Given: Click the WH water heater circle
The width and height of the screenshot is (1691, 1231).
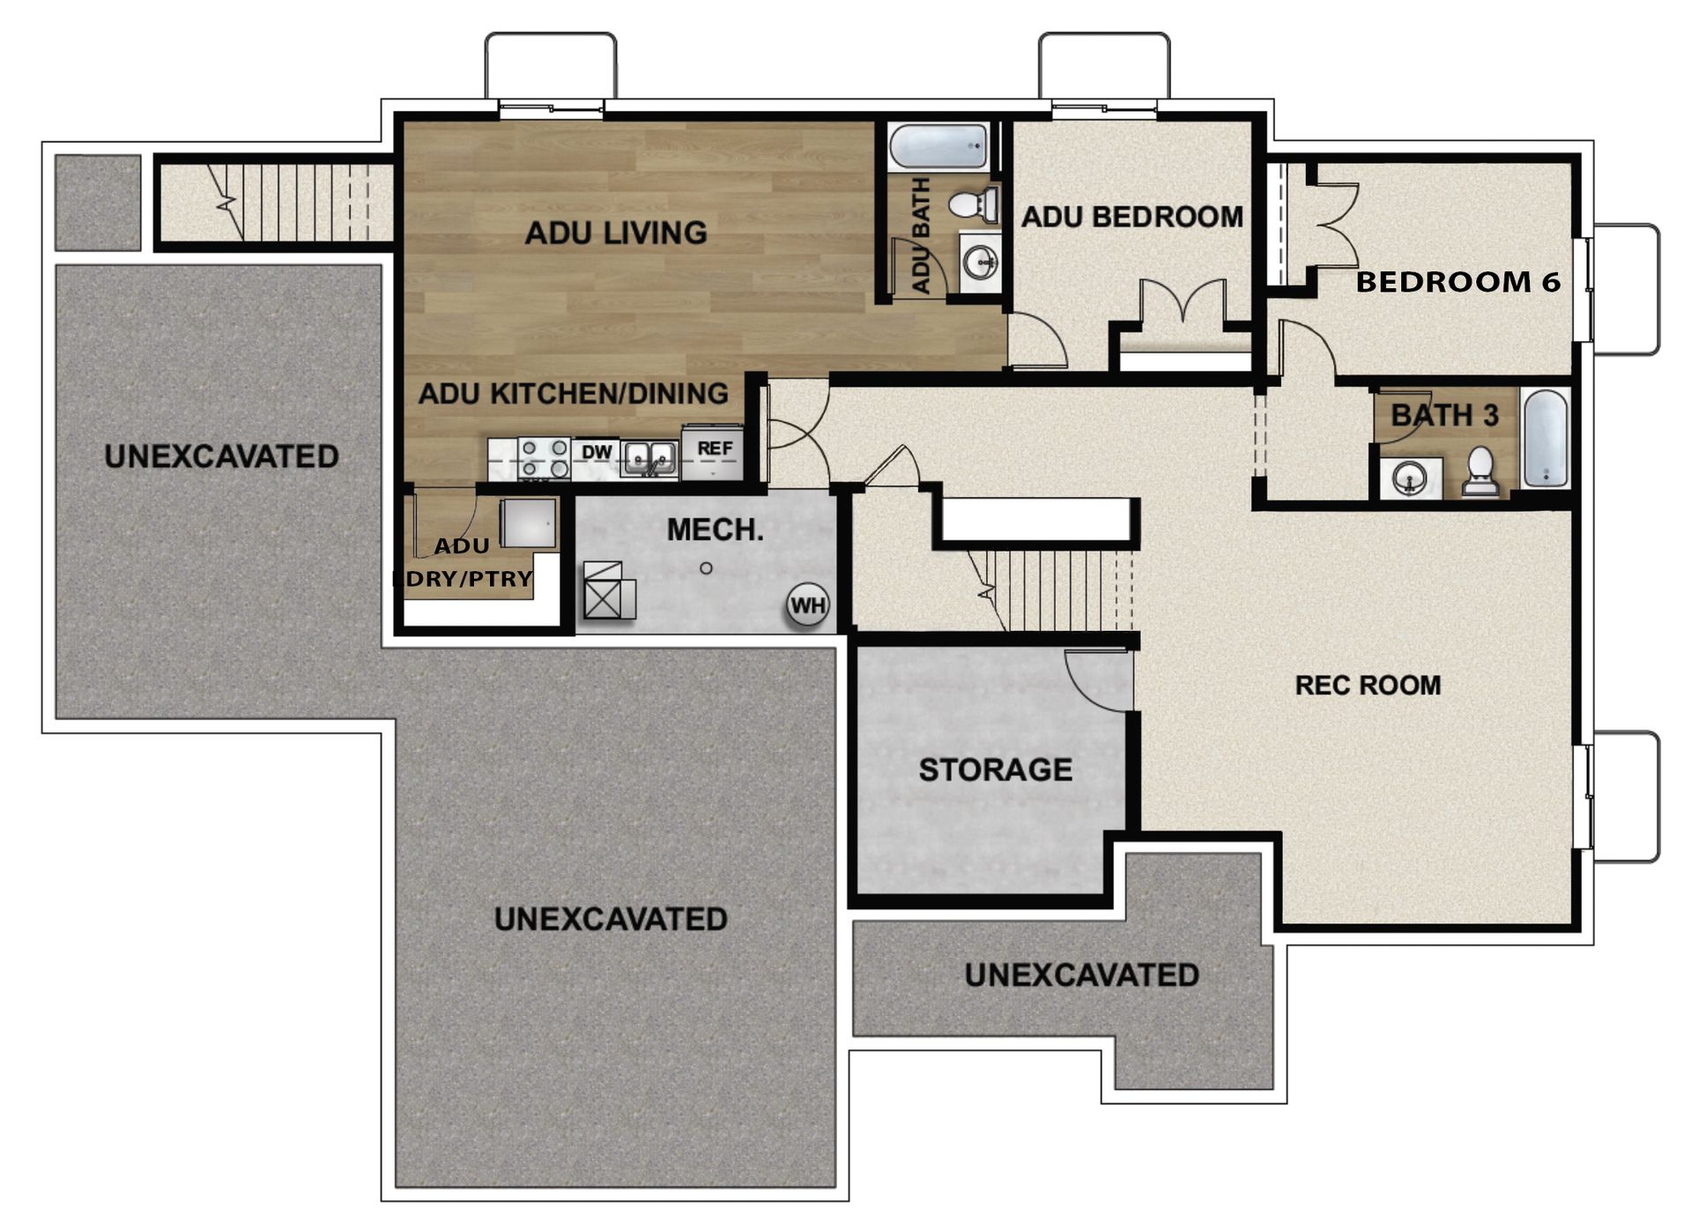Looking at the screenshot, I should coord(808,605).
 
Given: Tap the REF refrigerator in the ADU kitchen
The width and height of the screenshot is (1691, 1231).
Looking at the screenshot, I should coord(713,453).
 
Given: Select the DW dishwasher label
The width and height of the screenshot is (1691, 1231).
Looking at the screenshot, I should coord(597,453).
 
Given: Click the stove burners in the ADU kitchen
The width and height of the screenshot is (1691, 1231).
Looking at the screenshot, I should coord(544,458).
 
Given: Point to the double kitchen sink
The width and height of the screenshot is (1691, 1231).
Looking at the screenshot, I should coord(649,456).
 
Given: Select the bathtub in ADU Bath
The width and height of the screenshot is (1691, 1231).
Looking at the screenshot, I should coord(938,147).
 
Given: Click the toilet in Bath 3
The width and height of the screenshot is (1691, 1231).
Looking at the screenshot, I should coord(1480,471).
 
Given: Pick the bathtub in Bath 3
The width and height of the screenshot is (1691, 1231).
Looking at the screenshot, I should coord(1546,439).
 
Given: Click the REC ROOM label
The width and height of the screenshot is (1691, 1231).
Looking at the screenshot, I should coord(1367,685).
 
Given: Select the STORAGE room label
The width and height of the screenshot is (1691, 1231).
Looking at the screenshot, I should coord(995,769).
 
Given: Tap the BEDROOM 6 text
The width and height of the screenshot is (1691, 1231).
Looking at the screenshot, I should coord(1457,282).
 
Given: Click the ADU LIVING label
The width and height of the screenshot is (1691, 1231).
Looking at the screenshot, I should coord(616,233).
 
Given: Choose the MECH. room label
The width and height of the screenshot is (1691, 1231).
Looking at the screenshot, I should coord(715,530).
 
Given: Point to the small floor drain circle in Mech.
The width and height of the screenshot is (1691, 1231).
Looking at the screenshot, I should coord(706,568).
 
